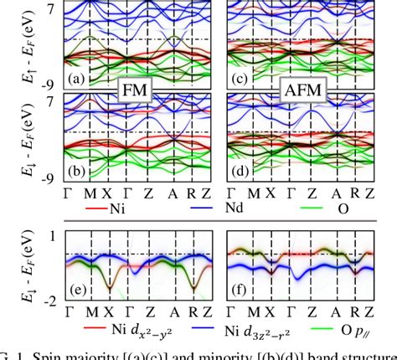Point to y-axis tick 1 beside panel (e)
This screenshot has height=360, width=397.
51,237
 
